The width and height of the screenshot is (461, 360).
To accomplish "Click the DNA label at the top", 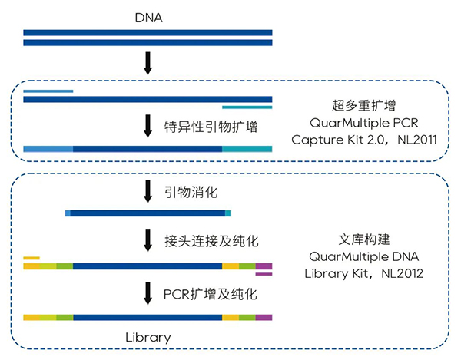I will [x=148, y=16].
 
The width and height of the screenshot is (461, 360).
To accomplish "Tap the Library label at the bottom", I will [x=148, y=337].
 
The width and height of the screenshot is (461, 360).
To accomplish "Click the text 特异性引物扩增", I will [x=211, y=126].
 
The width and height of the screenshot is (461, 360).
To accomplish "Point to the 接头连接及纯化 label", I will [x=211, y=242].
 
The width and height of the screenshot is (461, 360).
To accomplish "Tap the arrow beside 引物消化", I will [x=148, y=191].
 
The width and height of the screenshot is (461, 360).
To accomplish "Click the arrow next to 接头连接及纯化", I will [x=148, y=242].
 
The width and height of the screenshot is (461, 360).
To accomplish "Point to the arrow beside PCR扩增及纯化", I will [x=148, y=293].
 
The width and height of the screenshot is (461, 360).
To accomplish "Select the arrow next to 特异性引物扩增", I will [x=148, y=126].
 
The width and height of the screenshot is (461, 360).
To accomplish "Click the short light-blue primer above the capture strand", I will [x=48, y=91].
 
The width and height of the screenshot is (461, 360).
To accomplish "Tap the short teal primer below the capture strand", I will [x=247, y=107].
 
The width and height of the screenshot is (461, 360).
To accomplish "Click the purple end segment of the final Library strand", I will [x=264, y=316].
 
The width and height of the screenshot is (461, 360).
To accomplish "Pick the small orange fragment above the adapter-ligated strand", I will [x=32, y=258].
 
